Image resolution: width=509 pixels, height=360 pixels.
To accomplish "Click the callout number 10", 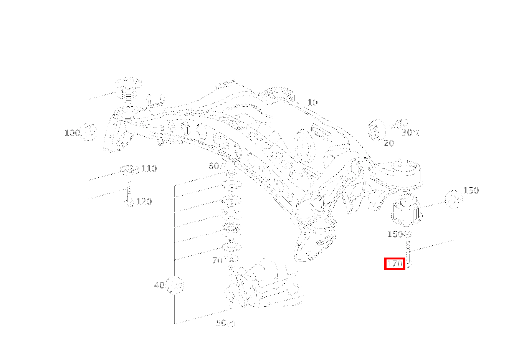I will pos(312,102).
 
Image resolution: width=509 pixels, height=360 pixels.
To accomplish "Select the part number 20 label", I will pos(388,143).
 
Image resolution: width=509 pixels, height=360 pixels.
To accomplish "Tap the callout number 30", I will pos(407,132).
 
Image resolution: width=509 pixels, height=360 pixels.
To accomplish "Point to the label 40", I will pos(159,285).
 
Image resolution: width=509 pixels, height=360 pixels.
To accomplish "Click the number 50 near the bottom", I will pos(221,323).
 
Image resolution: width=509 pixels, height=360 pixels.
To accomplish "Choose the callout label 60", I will pos(214,166).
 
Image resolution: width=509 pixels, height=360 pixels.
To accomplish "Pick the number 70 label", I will pos(217,261).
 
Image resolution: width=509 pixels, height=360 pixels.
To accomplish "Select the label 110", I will pos(149,168).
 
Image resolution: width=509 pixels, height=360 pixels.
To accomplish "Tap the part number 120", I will pos(144,201).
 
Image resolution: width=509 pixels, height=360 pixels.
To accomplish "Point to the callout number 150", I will pos(471,190).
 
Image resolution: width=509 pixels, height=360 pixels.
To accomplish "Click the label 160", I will pos(395,234).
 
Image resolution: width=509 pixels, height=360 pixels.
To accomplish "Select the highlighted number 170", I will pos(395,264).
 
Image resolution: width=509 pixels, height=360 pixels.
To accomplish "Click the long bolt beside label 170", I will pos(408,253).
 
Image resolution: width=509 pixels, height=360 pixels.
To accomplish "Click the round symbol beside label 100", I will pos(89,132).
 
